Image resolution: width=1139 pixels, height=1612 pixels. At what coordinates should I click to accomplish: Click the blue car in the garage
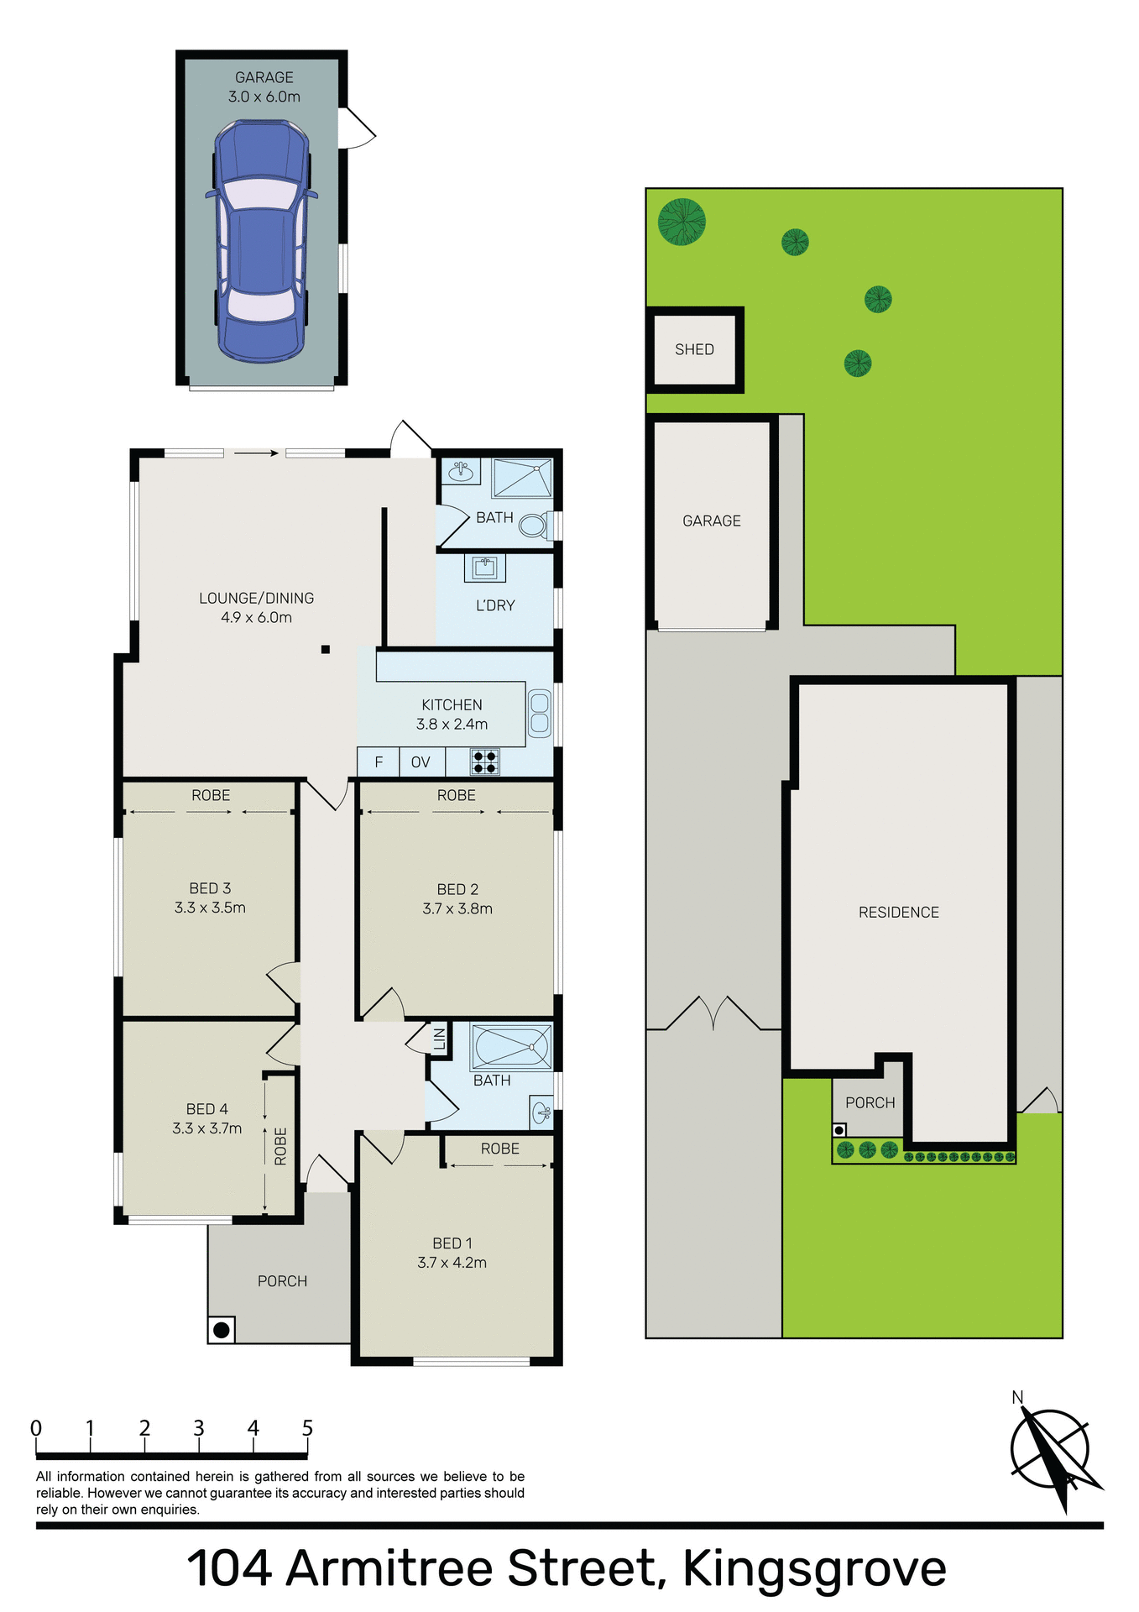(x=261, y=242)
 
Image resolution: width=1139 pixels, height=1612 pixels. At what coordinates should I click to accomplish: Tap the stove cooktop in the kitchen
(x=484, y=762)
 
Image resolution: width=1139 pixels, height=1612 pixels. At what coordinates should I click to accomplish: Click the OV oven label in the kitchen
(x=421, y=762)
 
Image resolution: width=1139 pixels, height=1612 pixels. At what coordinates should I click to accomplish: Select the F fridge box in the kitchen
(x=379, y=762)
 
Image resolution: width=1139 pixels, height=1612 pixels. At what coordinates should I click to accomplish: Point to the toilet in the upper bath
(x=531, y=526)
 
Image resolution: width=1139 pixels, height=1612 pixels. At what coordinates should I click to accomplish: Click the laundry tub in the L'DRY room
(x=484, y=568)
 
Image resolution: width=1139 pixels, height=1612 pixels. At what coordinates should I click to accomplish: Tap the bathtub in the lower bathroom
(x=510, y=1046)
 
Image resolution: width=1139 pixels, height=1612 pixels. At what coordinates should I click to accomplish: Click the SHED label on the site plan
(x=694, y=349)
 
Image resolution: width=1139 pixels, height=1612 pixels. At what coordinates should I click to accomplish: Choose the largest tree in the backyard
(x=682, y=222)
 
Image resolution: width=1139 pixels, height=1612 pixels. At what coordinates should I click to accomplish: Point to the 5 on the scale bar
(x=307, y=1428)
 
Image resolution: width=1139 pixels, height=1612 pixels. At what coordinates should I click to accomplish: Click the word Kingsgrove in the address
(x=814, y=1568)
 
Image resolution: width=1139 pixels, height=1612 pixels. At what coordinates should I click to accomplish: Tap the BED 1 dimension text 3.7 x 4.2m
(x=452, y=1263)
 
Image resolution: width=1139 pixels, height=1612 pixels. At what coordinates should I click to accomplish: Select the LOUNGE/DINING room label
(x=256, y=598)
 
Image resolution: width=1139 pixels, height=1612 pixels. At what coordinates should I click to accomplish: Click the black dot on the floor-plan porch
(x=222, y=1330)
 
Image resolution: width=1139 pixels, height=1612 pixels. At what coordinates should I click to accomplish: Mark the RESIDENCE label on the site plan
(x=898, y=912)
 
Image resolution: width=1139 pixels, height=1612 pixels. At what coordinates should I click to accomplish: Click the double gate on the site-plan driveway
(x=713, y=1014)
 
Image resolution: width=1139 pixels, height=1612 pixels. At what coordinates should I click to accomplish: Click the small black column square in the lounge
(x=325, y=649)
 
